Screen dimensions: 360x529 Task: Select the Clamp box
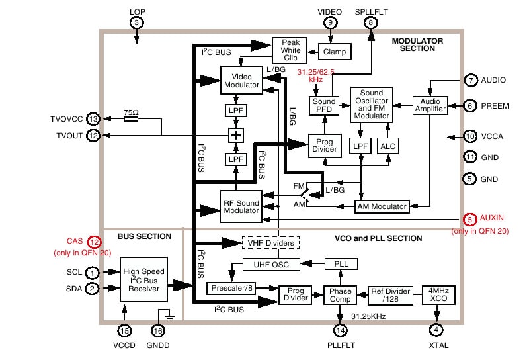coord(335,52)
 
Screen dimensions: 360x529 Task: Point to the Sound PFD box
coord(323,105)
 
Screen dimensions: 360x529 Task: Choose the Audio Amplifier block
coord(430,105)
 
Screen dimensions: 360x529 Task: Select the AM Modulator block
coord(382,206)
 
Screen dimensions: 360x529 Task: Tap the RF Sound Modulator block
coord(241,206)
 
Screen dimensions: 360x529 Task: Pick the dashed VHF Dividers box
coord(270,243)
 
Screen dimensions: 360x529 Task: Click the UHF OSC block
coord(270,265)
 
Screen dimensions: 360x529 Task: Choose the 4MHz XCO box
coord(439,294)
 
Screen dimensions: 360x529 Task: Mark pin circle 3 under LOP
coord(137,22)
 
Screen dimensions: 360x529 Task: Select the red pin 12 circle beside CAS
coord(94,243)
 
